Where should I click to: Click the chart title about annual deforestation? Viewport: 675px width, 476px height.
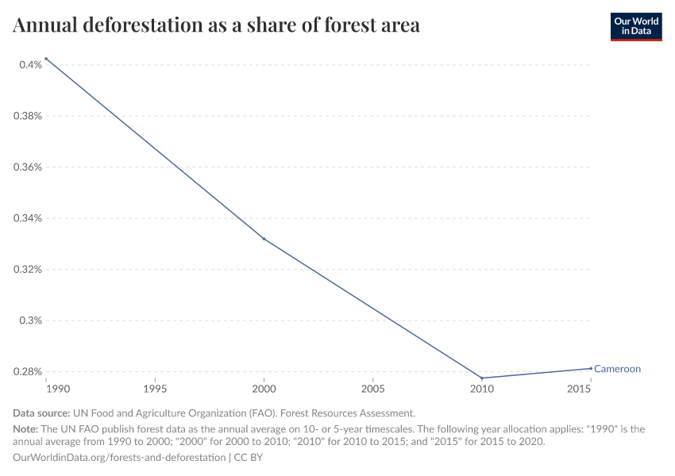[x=216, y=25]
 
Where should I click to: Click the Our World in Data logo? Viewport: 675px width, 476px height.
[x=635, y=26]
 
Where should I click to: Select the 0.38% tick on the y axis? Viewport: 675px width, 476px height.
[x=28, y=116]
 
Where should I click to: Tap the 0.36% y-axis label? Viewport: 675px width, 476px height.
[x=28, y=167]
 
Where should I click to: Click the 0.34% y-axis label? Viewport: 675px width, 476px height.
[x=28, y=218]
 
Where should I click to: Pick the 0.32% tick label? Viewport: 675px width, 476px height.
[x=28, y=270]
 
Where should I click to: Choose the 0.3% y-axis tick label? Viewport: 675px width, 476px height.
[x=31, y=321]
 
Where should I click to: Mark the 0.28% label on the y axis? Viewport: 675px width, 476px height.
[x=28, y=372]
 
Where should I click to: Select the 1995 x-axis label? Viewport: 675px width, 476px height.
[x=155, y=390]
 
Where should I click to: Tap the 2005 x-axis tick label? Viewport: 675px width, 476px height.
[x=372, y=390]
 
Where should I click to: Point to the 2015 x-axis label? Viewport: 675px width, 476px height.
[x=579, y=390]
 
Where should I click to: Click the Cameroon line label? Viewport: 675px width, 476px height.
[x=617, y=369]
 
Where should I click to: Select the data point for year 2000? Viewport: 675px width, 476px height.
[x=264, y=239]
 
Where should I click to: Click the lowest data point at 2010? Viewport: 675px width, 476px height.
[x=481, y=378]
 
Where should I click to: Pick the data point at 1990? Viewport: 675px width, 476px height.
[x=47, y=59]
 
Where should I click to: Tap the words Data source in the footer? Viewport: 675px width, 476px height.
[x=41, y=413]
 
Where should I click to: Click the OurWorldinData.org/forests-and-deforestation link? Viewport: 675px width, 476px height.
[x=119, y=458]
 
